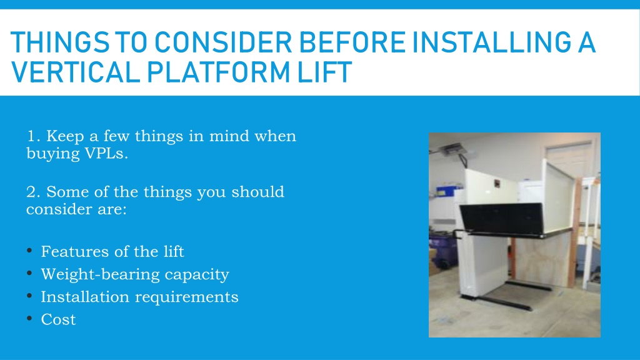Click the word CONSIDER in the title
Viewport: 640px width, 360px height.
point(223,42)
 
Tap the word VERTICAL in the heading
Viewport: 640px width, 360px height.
point(76,72)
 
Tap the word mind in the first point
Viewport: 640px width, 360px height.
point(229,136)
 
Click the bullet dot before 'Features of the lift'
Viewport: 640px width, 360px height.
point(29,250)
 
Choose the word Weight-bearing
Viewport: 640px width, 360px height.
point(100,275)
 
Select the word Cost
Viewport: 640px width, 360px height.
point(58,319)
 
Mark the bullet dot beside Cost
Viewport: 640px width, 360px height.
point(29,318)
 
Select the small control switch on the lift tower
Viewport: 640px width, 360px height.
point(497,184)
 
